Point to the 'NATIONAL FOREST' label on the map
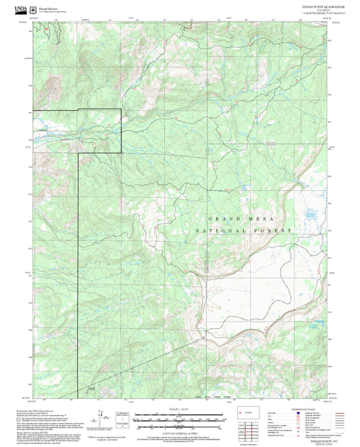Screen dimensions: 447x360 pos(243,231)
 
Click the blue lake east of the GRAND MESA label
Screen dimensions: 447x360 pos(311,219)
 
